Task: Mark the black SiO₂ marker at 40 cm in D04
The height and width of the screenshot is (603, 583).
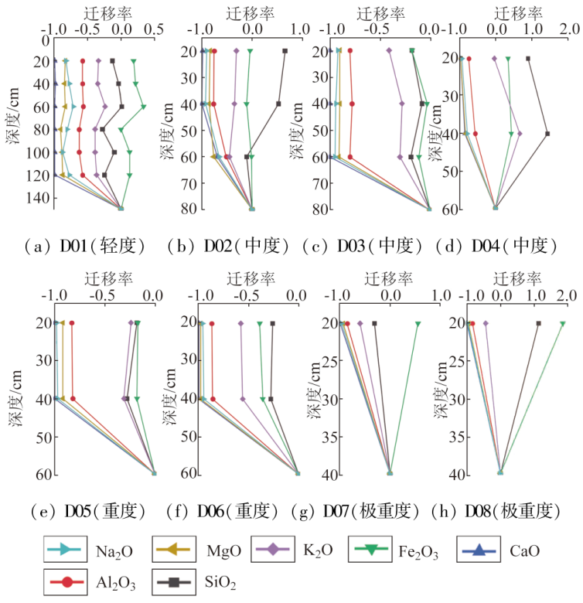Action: (x=547, y=134)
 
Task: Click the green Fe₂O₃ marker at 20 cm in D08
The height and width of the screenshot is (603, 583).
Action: (x=563, y=324)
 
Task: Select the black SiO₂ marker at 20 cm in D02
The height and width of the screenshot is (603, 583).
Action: (x=285, y=51)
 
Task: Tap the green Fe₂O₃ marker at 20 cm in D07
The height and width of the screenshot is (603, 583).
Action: (x=418, y=324)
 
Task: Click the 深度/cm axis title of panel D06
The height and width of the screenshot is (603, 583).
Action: (x=169, y=397)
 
